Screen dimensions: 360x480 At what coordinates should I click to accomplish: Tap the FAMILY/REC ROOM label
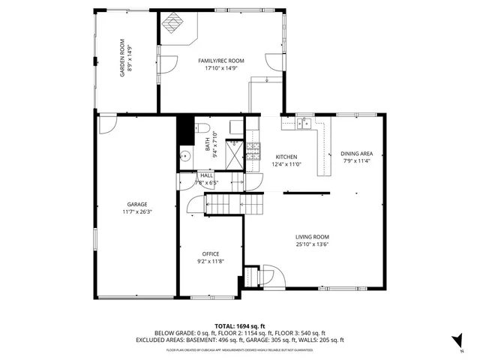click(221, 60)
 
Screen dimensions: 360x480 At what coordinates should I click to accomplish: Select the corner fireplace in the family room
click(177, 27)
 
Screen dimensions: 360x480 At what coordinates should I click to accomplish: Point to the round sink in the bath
click(184, 156)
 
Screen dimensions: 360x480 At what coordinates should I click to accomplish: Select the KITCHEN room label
click(286, 157)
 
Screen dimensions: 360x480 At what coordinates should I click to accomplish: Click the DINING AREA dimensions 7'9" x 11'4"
click(356, 160)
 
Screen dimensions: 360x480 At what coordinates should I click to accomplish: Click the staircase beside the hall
click(225, 202)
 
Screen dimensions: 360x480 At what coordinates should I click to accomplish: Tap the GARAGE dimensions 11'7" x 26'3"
click(136, 211)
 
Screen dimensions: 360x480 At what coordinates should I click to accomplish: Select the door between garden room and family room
click(166, 64)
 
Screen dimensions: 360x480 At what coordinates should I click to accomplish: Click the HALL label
click(206, 175)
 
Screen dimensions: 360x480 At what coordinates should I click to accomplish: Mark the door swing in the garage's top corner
click(107, 121)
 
